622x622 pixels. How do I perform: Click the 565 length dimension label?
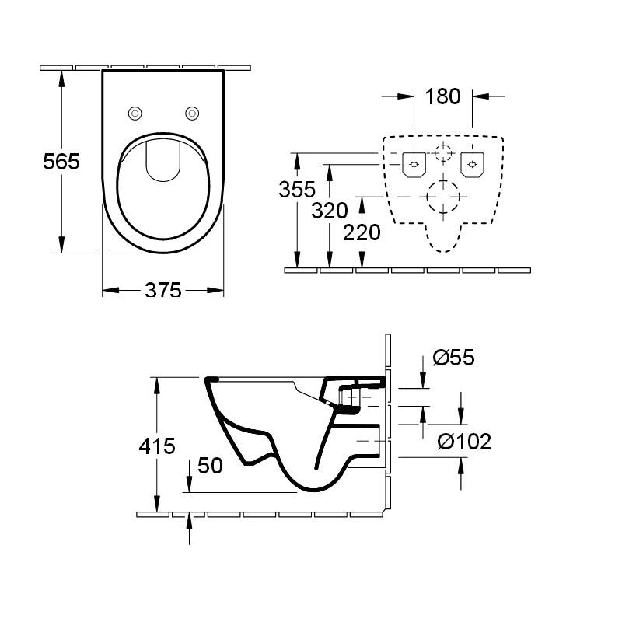61,161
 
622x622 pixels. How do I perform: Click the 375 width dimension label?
163,290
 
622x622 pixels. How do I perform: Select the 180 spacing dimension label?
443,96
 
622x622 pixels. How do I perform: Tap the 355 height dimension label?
298,189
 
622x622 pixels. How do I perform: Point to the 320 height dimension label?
328,209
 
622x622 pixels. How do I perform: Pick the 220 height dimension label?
362,232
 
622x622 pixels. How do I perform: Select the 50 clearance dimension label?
209,465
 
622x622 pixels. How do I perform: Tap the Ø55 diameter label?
453,358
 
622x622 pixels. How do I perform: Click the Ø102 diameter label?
464,442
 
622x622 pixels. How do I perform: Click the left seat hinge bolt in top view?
135,114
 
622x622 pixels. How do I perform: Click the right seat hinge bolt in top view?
192,114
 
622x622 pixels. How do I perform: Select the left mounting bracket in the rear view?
413,164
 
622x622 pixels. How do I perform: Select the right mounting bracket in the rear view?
472,164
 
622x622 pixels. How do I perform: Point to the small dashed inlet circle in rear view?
442,152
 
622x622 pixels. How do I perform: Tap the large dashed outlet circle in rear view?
443,197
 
